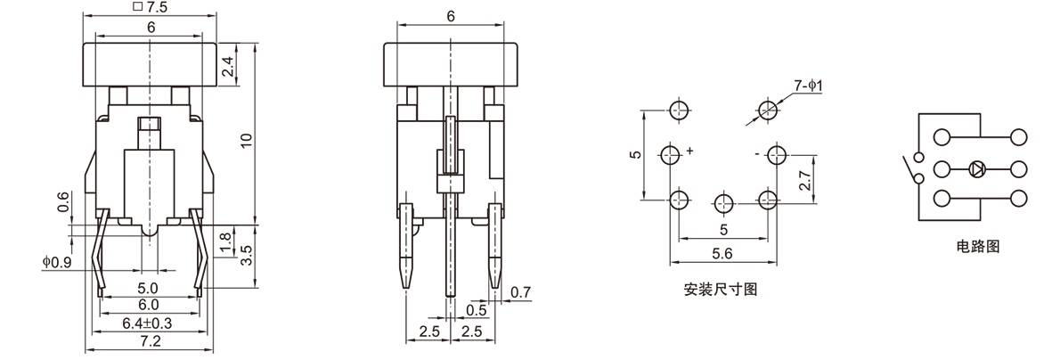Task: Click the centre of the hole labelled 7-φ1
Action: point(769,110)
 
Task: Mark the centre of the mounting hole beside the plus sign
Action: point(671,155)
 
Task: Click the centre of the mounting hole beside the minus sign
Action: point(777,156)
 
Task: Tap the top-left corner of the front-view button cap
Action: point(83,44)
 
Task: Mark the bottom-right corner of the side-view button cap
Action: point(518,86)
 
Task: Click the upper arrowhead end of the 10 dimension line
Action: point(256,44)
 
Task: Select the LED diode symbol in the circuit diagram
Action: point(977,169)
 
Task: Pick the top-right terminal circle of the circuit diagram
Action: point(1018,138)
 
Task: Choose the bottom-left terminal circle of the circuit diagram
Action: point(942,199)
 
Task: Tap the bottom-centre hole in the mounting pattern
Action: point(724,203)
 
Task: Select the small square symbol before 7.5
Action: point(138,6)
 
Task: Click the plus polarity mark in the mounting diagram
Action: point(689,151)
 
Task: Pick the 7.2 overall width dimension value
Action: point(150,341)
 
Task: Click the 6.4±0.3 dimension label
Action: point(147,323)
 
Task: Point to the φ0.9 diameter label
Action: point(57,262)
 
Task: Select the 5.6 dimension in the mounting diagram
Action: point(722,254)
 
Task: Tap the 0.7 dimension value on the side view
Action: point(521,291)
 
